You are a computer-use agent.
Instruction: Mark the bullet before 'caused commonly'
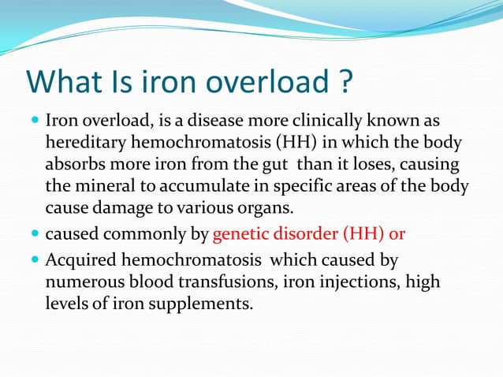point(36,235)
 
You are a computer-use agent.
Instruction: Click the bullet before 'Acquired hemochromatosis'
point(36,259)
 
